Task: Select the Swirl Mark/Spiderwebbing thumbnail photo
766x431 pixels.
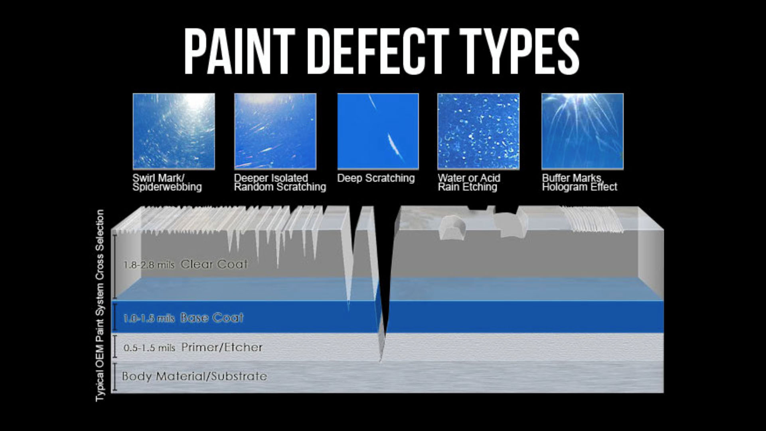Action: tap(174, 131)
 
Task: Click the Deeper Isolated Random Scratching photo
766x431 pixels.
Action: tap(275, 131)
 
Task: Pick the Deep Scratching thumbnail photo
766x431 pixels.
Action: tap(378, 131)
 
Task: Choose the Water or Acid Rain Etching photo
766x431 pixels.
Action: tap(478, 131)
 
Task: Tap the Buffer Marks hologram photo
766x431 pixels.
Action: tap(582, 131)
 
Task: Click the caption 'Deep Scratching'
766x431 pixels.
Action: tap(376, 178)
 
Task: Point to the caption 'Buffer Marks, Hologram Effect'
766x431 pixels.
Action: tap(580, 182)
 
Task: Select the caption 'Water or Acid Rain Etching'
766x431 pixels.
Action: tap(469, 182)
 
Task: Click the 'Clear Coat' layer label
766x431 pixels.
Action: tap(214, 264)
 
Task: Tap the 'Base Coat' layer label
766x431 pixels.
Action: tap(211, 318)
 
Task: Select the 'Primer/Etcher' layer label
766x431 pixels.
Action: tap(222, 347)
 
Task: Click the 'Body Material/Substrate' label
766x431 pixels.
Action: tap(194, 376)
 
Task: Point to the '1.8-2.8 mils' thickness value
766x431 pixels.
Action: tap(149, 265)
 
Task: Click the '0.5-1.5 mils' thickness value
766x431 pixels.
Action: tap(149, 348)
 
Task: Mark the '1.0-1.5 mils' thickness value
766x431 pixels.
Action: tap(149, 318)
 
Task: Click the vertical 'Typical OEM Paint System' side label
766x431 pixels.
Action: tap(100, 306)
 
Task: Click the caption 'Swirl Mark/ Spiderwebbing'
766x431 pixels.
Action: tap(167, 182)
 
